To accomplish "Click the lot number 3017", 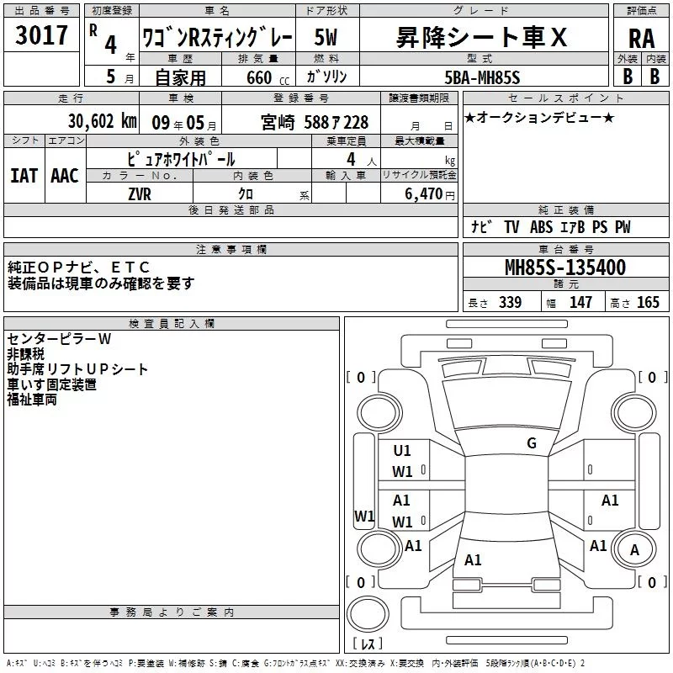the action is click(x=41, y=35).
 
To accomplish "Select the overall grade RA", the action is click(x=641, y=39).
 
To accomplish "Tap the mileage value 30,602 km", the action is click(x=102, y=121).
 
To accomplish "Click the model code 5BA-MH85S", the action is click(x=482, y=77).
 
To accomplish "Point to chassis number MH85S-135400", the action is click(x=565, y=268).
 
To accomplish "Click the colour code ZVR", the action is click(x=140, y=194).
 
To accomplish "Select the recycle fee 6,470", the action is click(x=423, y=194).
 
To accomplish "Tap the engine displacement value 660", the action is click(x=259, y=77).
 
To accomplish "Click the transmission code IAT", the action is click(x=24, y=176).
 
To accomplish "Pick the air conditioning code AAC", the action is click(x=65, y=176).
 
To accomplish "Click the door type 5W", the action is click(x=326, y=37).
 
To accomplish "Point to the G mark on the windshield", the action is click(x=532, y=443).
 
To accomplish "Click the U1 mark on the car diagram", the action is click(x=402, y=451).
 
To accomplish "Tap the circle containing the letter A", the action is click(x=634, y=549).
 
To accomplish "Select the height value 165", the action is click(x=648, y=303).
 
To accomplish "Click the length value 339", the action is click(x=511, y=303).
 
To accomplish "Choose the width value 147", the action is click(x=580, y=303).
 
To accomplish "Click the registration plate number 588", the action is click(x=316, y=123).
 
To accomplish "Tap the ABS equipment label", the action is click(x=541, y=227).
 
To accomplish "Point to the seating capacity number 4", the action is click(x=351, y=159).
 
